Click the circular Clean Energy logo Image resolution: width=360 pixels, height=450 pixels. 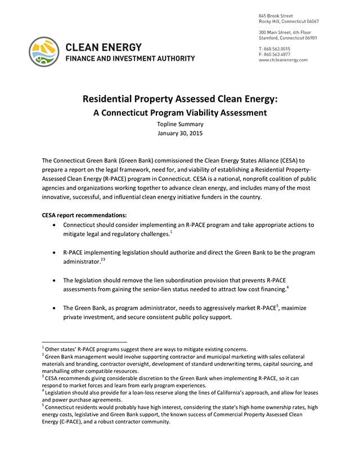(x=44, y=52)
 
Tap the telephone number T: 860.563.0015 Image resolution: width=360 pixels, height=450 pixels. (x=274, y=48)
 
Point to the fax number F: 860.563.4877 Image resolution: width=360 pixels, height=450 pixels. (x=274, y=54)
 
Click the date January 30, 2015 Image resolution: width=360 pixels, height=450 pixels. (x=181, y=134)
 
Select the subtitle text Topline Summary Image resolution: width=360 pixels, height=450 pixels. (x=181, y=124)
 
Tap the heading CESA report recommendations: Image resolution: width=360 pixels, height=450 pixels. (x=84, y=215)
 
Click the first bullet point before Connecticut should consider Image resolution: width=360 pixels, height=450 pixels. (x=53, y=225)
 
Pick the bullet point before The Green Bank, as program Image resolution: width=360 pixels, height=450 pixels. (x=53, y=308)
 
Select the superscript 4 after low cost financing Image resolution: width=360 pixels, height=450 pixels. (x=287, y=287)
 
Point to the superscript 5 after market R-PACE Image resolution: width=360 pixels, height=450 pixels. (x=277, y=306)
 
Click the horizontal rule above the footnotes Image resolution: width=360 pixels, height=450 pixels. (x=84, y=341)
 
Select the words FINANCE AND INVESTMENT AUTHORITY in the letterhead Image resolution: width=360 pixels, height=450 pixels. (x=130, y=58)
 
